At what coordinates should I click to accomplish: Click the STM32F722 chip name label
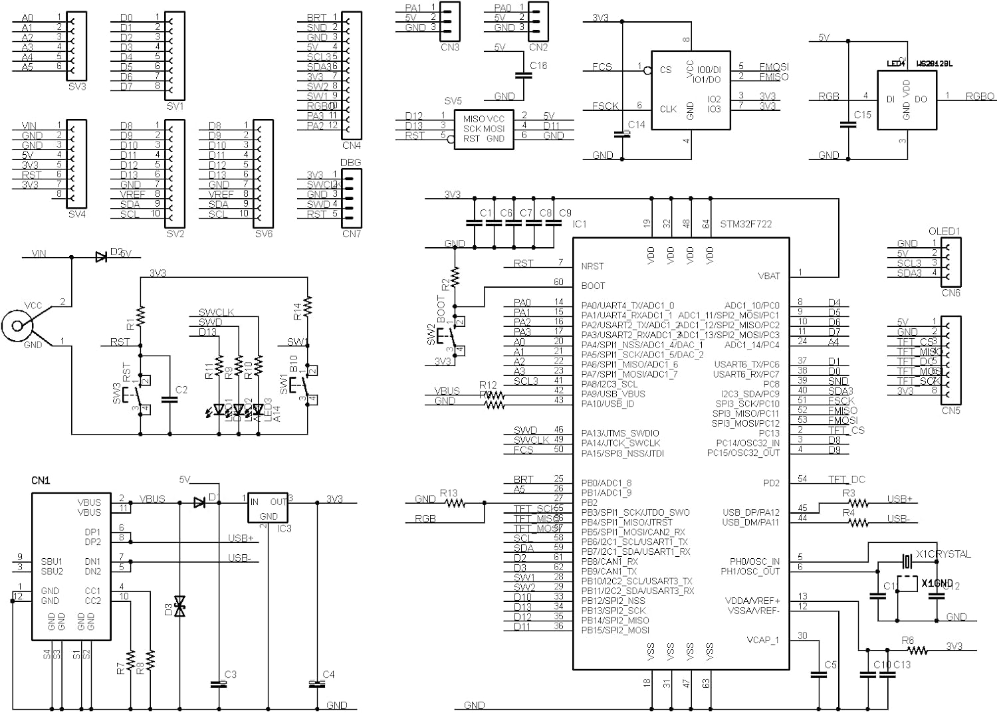tap(746, 224)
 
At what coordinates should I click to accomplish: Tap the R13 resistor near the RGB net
tap(456, 503)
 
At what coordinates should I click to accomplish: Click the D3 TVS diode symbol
tap(179, 605)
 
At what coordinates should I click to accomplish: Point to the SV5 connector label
tap(453, 101)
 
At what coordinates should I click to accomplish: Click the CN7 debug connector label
tap(351, 233)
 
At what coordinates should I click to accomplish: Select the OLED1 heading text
tap(944, 231)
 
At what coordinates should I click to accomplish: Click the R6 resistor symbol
tap(917, 650)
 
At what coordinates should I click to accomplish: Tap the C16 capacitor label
tap(538, 65)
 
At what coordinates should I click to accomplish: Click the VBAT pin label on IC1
tap(769, 276)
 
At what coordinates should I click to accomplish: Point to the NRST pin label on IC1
tap(592, 266)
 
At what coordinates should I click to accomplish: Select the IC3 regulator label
tap(284, 529)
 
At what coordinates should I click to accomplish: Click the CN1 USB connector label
tap(41, 480)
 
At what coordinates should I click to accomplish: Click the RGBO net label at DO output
tap(980, 96)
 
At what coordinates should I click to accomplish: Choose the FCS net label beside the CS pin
tap(602, 66)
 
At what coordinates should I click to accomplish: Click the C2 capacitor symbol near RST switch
tap(169, 399)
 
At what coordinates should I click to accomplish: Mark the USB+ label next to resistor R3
tap(899, 499)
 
